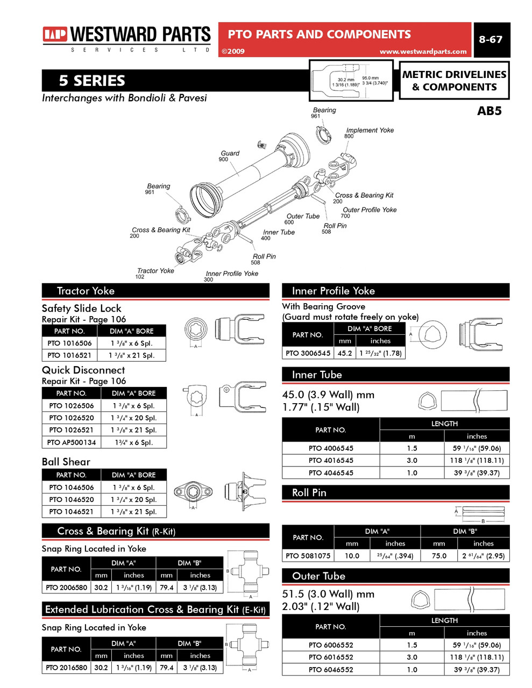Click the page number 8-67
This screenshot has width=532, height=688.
click(490, 39)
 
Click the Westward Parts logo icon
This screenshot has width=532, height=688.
click(55, 35)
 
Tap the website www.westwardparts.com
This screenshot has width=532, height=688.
click(423, 52)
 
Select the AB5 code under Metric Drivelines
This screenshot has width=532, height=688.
click(489, 111)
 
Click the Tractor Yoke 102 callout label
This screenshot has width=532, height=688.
click(154, 273)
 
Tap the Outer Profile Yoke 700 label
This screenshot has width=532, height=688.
click(369, 212)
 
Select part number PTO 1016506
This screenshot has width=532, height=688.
click(69, 343)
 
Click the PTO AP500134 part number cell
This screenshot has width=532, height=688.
click(71, 442)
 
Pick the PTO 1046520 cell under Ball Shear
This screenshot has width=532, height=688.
click(71, 499)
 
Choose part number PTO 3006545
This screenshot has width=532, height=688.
click(308, 353)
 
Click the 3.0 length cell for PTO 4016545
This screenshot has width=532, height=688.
click(412, 460)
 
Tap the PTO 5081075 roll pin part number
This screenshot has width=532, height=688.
click(308, 556)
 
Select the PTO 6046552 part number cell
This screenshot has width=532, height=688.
click(330, 670)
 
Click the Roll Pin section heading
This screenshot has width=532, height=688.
click(309, 492)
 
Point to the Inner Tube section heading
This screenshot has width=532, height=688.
click(316, 375)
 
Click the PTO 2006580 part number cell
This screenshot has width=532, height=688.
click(66, 587)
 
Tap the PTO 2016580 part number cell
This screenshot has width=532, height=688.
click(66, 668)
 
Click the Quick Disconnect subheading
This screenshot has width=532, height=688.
click(83, 370)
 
